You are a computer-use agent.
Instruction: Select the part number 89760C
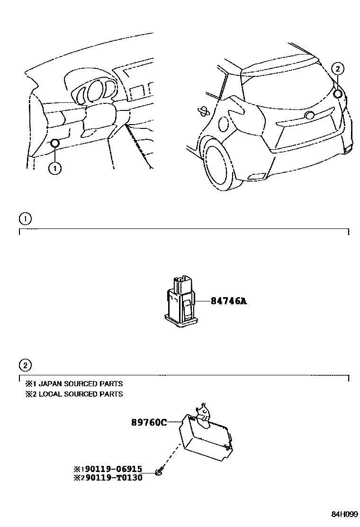tap(149, 422)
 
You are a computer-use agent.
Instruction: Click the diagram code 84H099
tap(344, 514)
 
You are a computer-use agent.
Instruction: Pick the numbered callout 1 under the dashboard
tap(55, 168)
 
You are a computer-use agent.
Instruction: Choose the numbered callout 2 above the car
tap(337, 68)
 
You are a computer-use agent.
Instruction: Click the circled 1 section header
tap(25, 218)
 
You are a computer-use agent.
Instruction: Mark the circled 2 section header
tap(25, 365)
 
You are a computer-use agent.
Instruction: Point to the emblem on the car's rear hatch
tap(310, 116)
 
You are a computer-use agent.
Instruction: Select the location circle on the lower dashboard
tap(54, 143)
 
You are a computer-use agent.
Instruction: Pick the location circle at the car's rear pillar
tap(338, 93)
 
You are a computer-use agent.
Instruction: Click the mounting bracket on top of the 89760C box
tap(203, 411)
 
